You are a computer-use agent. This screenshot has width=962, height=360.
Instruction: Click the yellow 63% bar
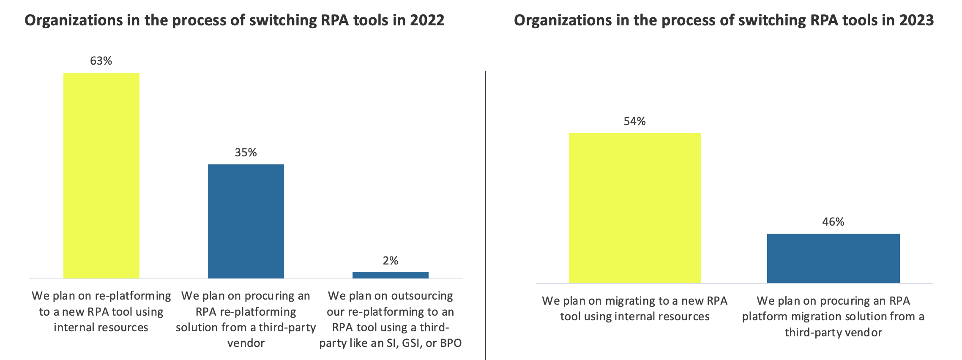pos(101,175)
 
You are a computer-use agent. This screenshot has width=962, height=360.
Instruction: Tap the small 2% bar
pos(391,275)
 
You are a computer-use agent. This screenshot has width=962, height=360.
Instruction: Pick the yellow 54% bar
pos(635,208)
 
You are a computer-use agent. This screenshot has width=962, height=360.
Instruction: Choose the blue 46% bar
pos(833,258)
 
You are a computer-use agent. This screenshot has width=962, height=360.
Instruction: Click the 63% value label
pos(101,61)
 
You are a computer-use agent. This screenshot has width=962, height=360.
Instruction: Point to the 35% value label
pos(246,153)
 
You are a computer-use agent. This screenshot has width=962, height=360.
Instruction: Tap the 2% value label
pos(391,261)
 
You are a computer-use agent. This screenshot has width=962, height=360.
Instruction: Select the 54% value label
pos(634,122)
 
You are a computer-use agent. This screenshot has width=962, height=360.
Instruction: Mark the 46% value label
pos(833,222)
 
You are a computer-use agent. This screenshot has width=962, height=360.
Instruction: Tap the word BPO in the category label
pos(451,343)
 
